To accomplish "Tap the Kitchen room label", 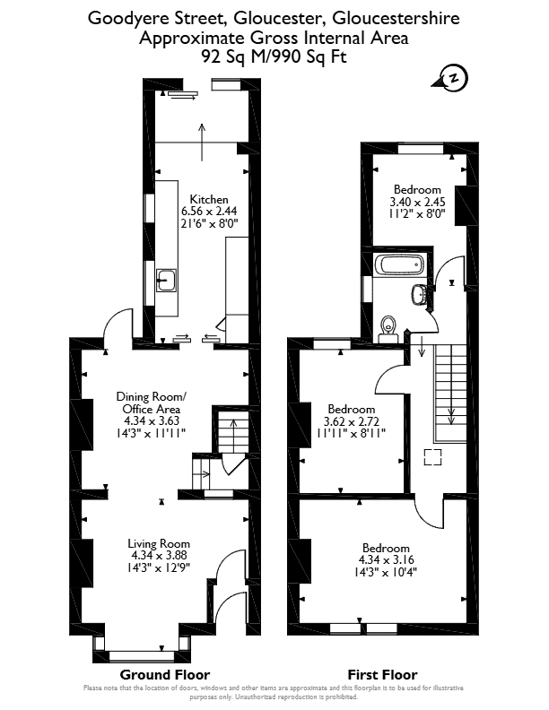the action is pos(209,199).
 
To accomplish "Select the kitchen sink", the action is pos(166,281).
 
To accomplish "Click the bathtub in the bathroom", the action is pos(399,264).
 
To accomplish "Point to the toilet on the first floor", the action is pos(388,329).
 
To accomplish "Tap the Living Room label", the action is pos(159,543).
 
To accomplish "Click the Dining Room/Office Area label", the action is pos(152,403).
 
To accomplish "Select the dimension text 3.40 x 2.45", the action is pos(417,202).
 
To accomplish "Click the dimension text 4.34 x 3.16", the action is pos(386,559).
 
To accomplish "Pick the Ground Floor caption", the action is pos(165,675).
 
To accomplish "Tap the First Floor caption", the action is pos(383,675).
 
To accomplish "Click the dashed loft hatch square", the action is pos(432,457).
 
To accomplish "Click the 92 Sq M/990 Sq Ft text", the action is pos(274,56).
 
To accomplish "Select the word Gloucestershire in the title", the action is pos(396,18).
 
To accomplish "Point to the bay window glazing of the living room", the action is pos(135,655).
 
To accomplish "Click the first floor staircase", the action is pos(450,393).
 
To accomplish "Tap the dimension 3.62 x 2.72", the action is pos(352,421).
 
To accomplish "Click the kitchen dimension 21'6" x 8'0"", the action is pos(209,223).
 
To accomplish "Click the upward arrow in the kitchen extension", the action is pos(202,142).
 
